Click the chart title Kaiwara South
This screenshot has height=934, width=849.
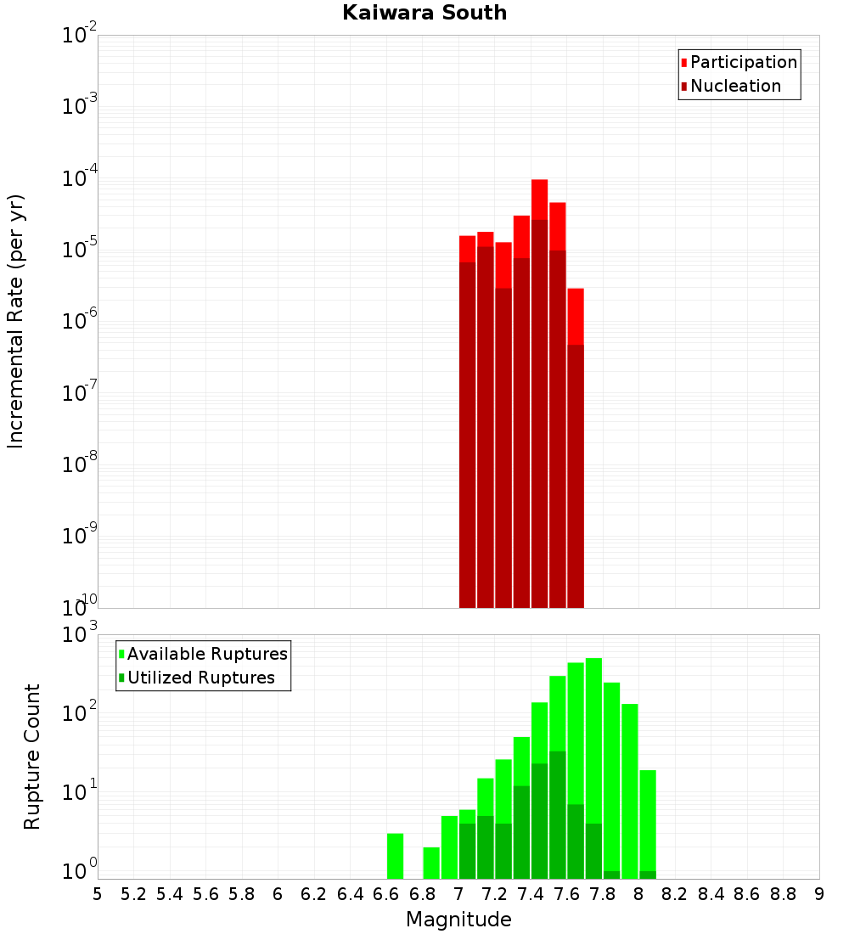[x=424, y=13]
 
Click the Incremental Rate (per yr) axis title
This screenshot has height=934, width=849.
[x=16, y=321]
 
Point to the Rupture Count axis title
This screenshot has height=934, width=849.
[x=32, y=757]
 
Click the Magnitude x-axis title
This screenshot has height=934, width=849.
[x=458, y=920]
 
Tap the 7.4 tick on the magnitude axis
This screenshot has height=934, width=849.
[x=531, y=894]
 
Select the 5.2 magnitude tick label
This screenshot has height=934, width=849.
[x=133, y=894]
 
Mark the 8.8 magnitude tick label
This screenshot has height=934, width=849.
[x=783, y=894]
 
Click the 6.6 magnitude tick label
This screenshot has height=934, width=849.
[x=386, y=894]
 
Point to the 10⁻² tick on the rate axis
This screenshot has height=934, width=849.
[x=80, y=36]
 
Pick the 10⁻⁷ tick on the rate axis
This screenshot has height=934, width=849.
[x=80, y=393]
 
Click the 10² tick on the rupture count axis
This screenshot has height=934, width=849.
[x=80, y=712]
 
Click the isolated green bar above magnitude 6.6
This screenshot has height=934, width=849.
[x=395, y=856]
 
